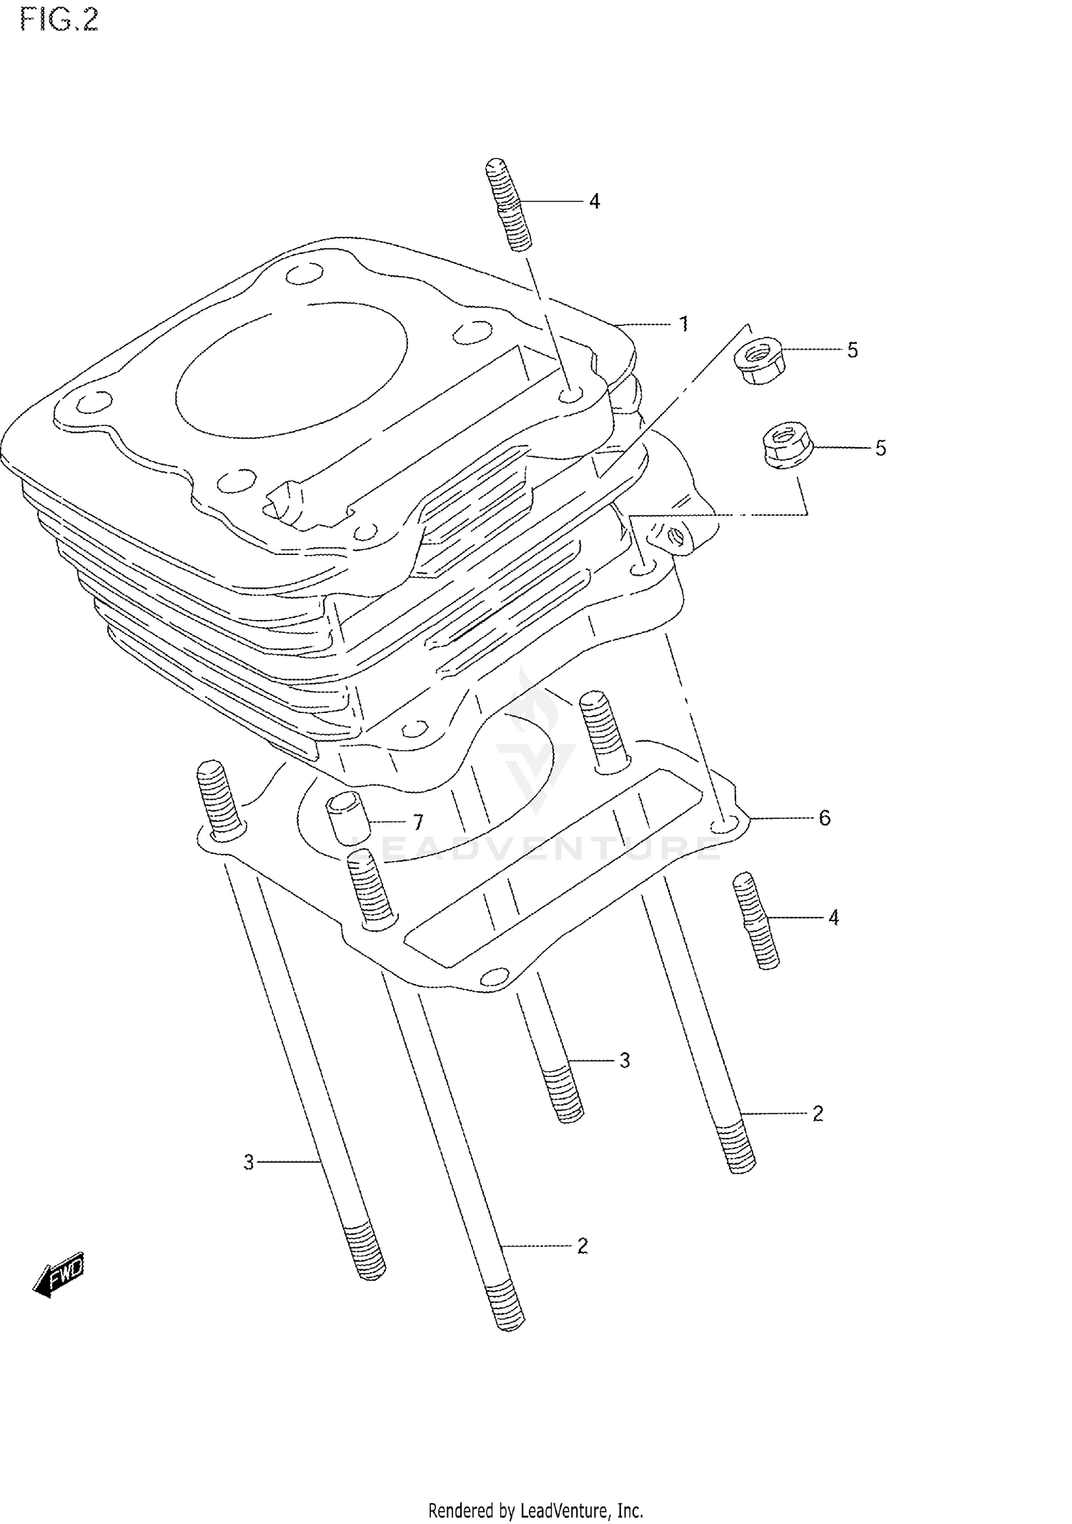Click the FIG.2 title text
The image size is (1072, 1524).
point(59,20)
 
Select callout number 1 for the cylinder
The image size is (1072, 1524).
point(683,324)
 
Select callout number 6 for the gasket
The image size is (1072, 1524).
point(824,817)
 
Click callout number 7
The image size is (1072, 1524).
point(418,821)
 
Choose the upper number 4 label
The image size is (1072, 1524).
point(594,202)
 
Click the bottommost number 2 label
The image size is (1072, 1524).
point(582,1246)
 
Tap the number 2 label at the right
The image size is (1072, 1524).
point(818,1113)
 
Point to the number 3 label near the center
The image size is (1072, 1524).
point(624,1061)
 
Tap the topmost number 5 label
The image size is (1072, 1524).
point(852,350)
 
